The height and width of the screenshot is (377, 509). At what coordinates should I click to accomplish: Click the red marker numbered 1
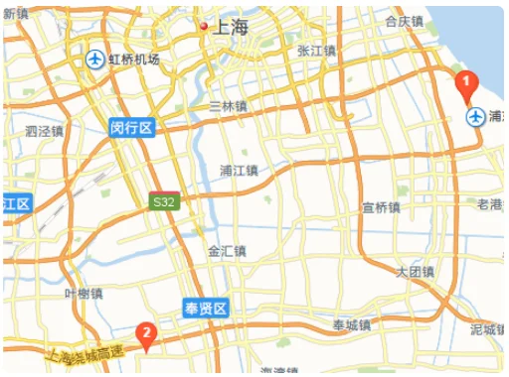[462, 86]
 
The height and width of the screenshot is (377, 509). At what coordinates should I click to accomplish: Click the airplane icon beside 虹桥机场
[95, 60]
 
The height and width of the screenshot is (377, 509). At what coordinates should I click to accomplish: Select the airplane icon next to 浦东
[476, 117]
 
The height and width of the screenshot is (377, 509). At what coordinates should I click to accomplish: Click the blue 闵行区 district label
[132, 127]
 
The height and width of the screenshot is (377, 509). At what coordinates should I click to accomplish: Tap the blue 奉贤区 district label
[207, 309]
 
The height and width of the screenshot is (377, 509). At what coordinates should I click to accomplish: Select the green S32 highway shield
[164, 201]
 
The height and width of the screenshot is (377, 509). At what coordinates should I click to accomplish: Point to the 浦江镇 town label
[239, 170]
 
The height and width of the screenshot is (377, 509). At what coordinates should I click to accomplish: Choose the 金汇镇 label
[227, 252]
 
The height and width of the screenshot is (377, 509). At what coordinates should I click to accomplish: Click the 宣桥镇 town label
[381, 207]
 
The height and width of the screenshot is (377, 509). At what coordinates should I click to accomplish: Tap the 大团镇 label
[415, 271]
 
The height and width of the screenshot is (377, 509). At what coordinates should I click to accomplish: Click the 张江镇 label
[316, 50]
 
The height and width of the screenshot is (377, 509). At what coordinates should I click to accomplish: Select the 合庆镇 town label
[404, 21]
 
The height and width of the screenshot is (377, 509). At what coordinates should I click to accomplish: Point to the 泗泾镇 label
[44, 130]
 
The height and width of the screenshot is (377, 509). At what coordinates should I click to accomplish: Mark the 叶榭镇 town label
[84, 293]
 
